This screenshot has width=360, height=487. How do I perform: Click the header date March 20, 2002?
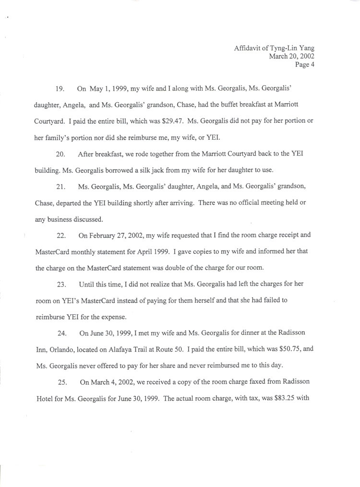click(291, 56)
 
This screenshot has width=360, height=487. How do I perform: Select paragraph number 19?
click(60, 89)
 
